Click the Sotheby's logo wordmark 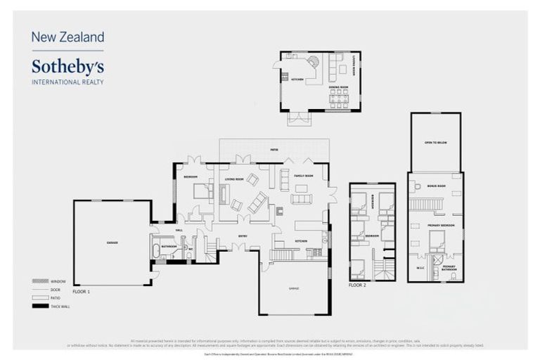67,67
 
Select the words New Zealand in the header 67,37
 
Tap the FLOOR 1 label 82,290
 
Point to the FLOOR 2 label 359,286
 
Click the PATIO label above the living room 274,150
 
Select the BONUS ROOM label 436,186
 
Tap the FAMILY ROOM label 303,176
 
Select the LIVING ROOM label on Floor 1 234,179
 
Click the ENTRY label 243,236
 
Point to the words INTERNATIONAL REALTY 67,82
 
